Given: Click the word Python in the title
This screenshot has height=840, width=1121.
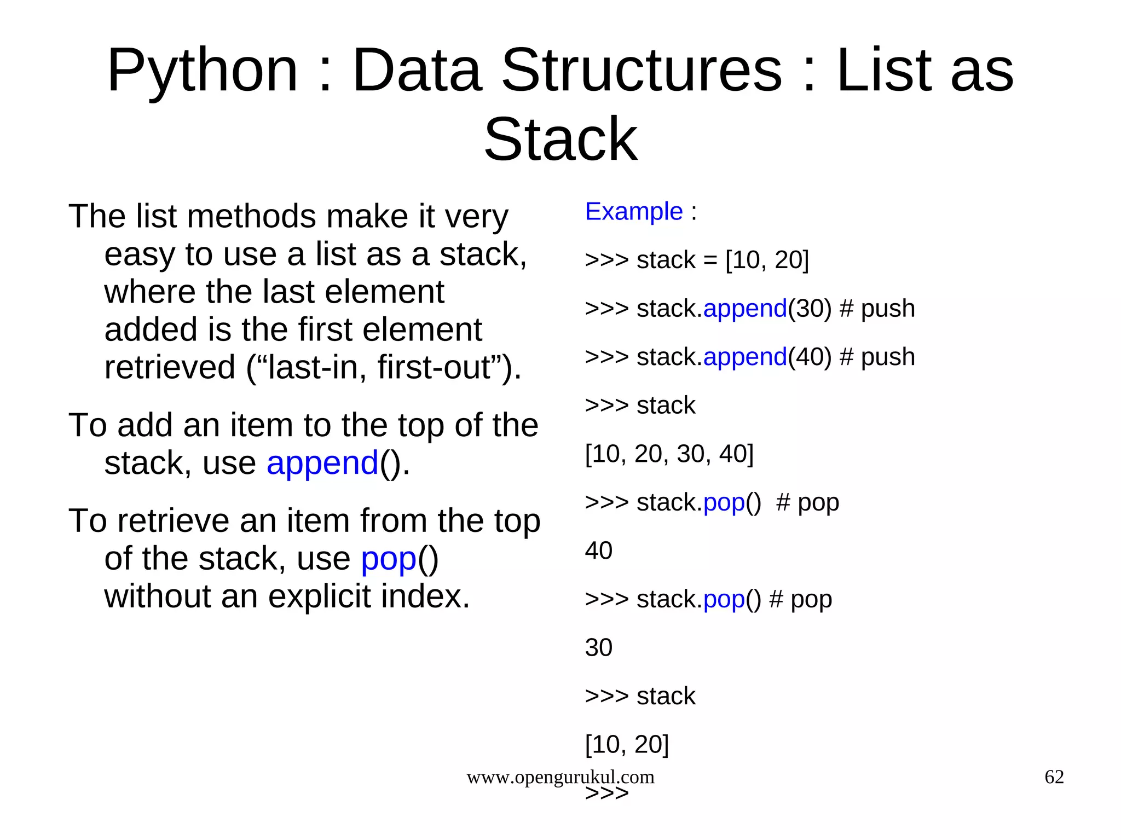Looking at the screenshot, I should pos(202,71).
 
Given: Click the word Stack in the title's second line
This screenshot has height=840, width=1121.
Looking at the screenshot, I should pos(560,140).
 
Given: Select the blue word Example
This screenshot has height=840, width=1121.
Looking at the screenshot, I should pos(634,212).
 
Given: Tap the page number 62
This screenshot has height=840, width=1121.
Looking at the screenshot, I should pos(1054,777).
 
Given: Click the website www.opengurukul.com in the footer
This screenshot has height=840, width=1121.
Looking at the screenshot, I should pos(560,777).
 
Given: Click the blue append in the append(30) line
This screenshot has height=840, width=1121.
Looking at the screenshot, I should pos(745,309).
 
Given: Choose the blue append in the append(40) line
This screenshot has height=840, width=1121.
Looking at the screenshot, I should pos(745,357).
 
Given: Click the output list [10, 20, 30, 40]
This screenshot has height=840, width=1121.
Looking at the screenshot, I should pos(669,454).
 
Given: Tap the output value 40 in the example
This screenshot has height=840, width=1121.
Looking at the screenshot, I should pos(598,551).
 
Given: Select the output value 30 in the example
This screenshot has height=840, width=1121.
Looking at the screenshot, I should pos(598,648).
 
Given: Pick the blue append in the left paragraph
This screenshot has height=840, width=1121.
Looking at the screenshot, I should pos(322,464).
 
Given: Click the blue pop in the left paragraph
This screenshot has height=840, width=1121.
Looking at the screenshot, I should pos(389,559).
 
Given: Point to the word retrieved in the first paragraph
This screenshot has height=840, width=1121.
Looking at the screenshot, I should pos(170,367).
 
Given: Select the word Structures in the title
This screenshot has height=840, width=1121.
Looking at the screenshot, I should pos(642,71).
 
